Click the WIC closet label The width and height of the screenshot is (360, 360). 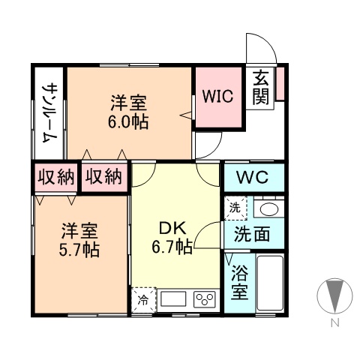coord(218,97)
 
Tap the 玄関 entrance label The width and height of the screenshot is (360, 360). coord(261,88)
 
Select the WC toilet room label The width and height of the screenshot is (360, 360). coord(253,178)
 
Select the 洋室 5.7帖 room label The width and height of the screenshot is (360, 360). coord(80,238)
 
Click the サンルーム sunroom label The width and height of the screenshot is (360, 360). coord(49,112)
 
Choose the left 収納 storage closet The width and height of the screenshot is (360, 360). coord(55,178)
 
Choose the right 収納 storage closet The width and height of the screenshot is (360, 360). coord(103,178)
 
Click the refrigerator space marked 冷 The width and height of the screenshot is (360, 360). coord(142,301)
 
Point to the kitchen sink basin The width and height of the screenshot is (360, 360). coord(173,300)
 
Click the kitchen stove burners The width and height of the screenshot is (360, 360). coord(205,300)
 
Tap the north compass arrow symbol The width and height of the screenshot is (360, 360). coord(334,295)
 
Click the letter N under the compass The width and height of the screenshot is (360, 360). coord(335,325)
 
